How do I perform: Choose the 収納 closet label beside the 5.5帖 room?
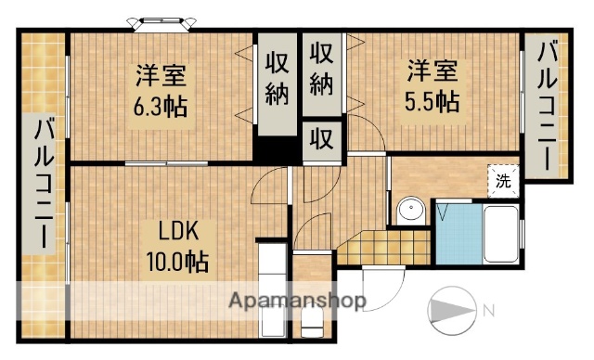point(321,69)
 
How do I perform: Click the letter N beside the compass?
point(487,309)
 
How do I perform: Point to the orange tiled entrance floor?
point(381,245)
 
